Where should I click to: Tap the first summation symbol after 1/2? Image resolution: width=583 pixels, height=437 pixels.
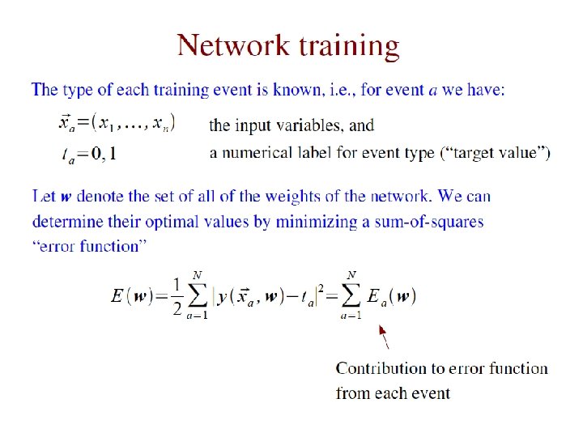tap(197, 296)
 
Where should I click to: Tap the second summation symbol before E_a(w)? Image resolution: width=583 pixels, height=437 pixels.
tap(351, 296)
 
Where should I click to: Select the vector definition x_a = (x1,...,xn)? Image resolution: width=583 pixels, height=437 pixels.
tap(117, 123)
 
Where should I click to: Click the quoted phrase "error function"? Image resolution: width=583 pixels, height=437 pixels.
tap(89, 246)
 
